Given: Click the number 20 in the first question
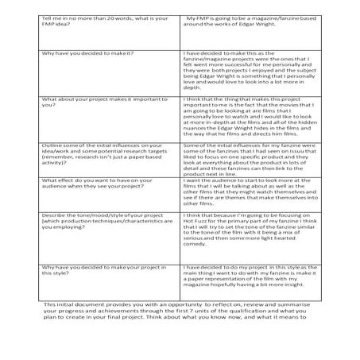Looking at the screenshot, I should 114,17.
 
